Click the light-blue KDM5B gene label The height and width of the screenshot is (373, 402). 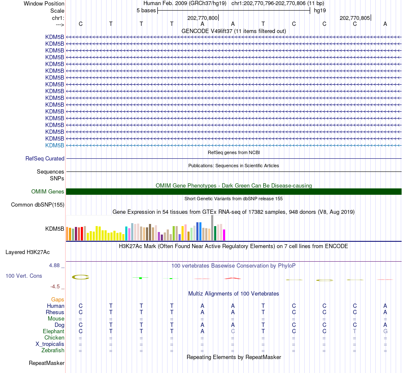tap(55, 146)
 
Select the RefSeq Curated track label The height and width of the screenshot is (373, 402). tap(45, 158)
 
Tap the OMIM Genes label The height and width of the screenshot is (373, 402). tap(48, 192)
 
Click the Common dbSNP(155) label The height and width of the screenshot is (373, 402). tap(38, 205)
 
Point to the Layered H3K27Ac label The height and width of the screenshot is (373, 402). tap(28, 252)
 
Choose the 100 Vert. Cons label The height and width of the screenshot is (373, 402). tap(24, 276)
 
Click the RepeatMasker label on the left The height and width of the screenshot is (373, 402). tap(47, 363)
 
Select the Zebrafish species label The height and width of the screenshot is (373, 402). tap(53, 351)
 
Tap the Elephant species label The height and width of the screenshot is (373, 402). tap(54, 332)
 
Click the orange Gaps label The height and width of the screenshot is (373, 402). tap(58, 300)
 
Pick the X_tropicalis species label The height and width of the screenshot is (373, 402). tap(50, 344)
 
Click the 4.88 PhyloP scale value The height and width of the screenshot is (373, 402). tap(54, 265)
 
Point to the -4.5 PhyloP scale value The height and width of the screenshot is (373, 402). tap(55, 287)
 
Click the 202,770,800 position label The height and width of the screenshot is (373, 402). tap(202, 18)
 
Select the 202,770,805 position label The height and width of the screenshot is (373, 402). tap(355, 18)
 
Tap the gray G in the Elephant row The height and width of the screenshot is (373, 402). tap(385, 332)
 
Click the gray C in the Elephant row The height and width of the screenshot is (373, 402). tap(233, 332)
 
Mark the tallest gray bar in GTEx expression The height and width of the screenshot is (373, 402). tap(212, 228)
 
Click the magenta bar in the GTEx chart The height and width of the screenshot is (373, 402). tap(224, 235)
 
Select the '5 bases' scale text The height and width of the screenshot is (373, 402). tap(146, 11)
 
